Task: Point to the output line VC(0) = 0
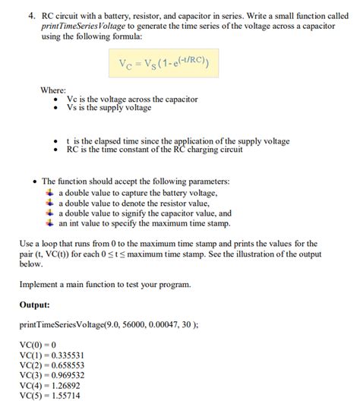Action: [x=40, y=344]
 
